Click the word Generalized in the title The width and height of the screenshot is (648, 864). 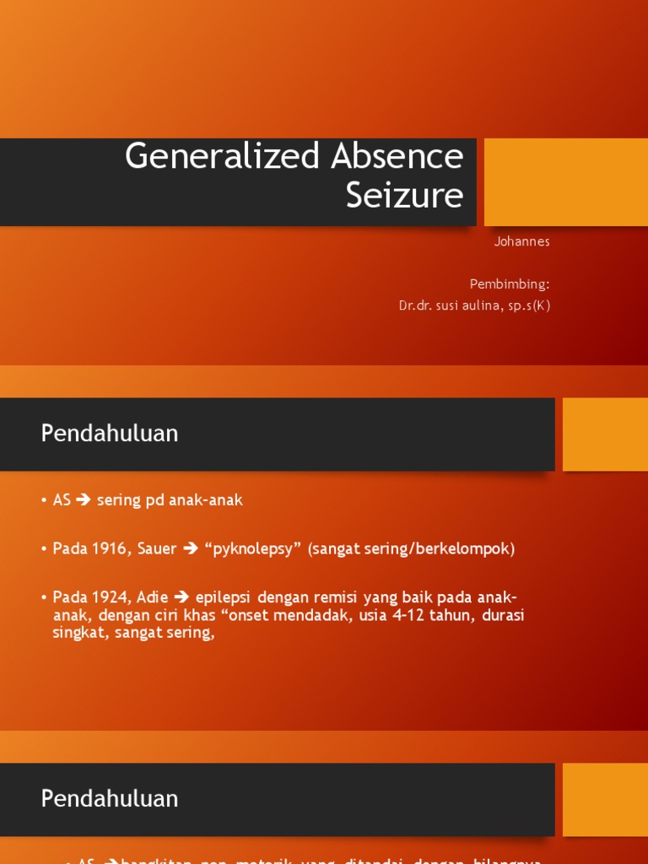coord(222,157)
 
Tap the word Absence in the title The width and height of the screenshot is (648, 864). coord(397,157)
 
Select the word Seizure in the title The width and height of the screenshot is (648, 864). coord(405,196)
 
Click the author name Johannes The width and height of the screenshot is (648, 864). coord(521,241)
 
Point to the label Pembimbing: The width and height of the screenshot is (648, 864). coord(510,284)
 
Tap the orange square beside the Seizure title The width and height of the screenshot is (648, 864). coord(565,182)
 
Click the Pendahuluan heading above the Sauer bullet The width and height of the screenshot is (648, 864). coord(110,434)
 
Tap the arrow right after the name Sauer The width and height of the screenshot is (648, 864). coord(190,549)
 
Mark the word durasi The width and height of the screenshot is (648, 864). coord(504,615)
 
